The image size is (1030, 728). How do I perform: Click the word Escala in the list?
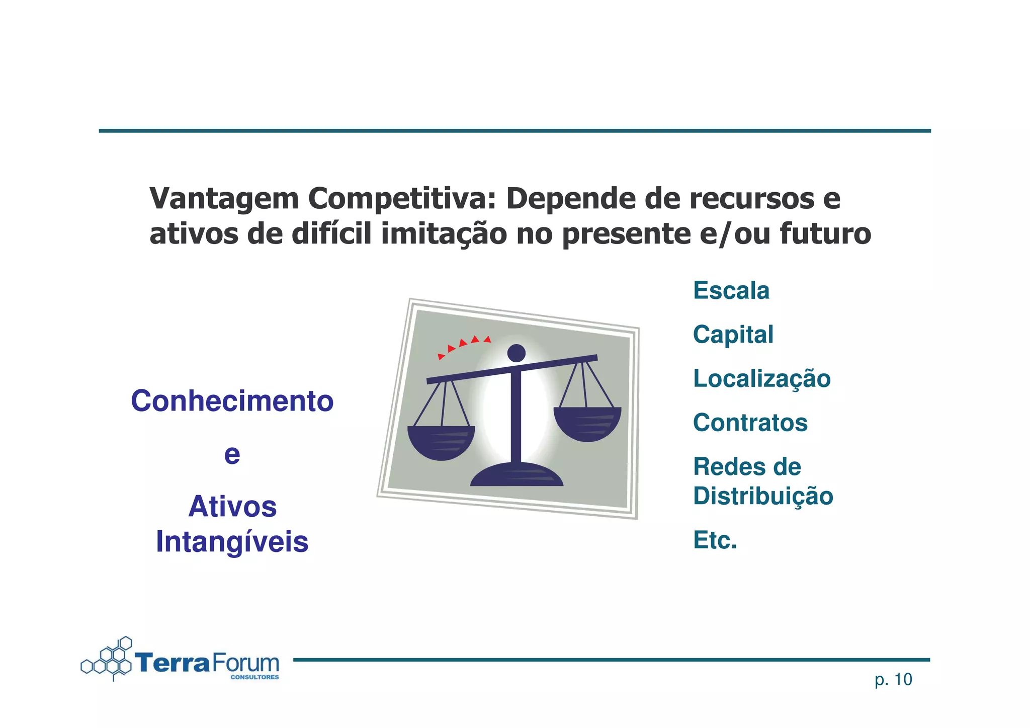coord(731,290)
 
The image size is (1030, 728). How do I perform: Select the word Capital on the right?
coord(733,335)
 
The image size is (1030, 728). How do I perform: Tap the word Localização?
coord(761,378)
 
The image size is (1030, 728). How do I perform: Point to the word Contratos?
coord(750,423)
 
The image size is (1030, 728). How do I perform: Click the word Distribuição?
coord(763,496)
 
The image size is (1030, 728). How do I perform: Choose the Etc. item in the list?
coord(715,540)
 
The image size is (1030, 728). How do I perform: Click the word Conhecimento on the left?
coord(232,401)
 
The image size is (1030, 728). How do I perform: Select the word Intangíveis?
coord(232,542)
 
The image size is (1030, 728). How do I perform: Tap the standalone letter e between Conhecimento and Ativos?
coord(232,454)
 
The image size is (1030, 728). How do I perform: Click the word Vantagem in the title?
coord(224,199)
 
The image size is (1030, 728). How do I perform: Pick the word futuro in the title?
coord(825,234)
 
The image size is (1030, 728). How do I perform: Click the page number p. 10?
coord(893,680)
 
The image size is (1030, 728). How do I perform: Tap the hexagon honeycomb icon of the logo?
coord(108,660)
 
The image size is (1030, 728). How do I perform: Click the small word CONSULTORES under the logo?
coord(254,677)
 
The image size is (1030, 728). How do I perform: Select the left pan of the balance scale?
coord(441,442)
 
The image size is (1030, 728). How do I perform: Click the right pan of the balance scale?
coord(587,423)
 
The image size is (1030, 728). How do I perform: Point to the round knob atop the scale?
coord(517,353)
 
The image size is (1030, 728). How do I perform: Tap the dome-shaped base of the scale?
coord(517,475)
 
